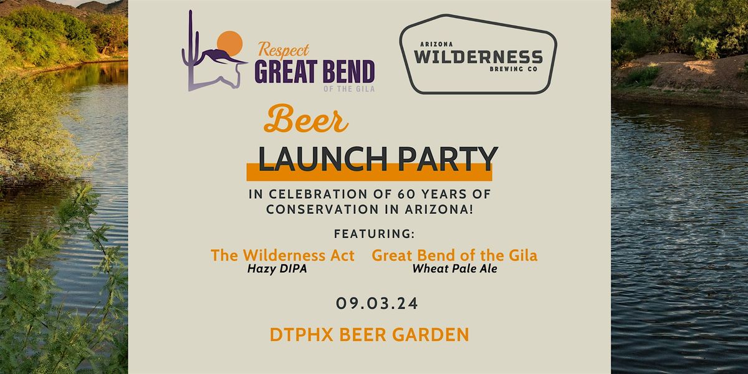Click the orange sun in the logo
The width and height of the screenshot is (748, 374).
[x=229, y=44]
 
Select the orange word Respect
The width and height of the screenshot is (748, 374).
[x=284, y=49]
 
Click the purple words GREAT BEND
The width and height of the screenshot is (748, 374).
[x=314, y=72]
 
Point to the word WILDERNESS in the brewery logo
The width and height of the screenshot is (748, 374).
[x=478, y=59]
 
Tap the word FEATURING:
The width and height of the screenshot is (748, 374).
[x=374, y=234]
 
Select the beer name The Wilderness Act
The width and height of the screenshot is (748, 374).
[x=282, y=255]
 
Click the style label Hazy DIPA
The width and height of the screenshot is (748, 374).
[x=282, y=269]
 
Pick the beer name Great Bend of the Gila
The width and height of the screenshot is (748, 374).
[x=454, y=255]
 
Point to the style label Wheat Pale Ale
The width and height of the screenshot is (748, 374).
[x=454, y=269]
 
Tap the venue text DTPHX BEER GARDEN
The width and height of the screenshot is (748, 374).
[x=369, y=335]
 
